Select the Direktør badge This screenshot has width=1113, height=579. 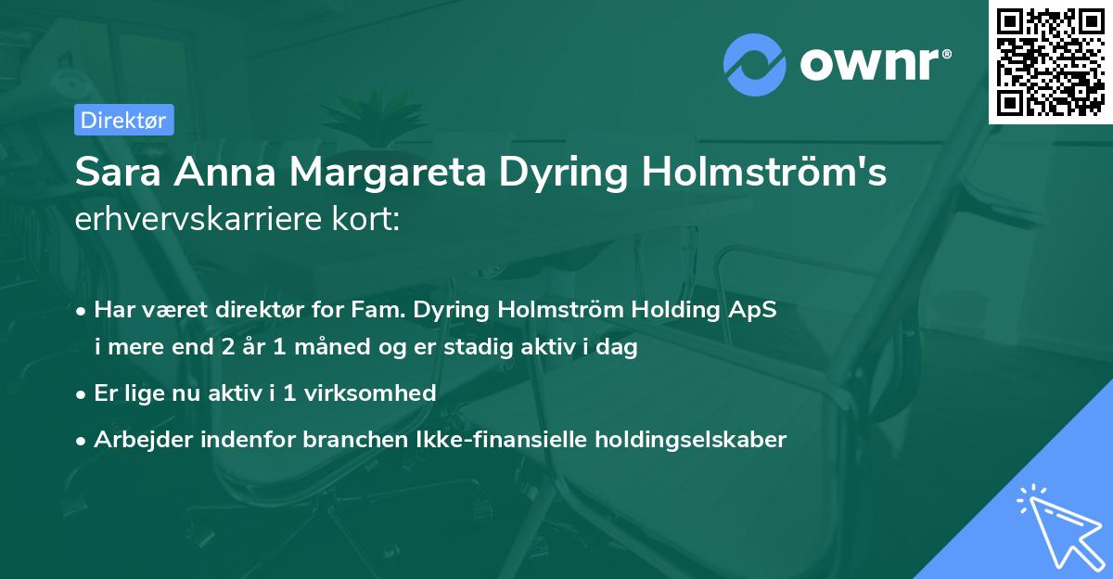(x=123, y=120)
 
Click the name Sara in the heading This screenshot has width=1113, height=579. (x=117, y=173)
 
